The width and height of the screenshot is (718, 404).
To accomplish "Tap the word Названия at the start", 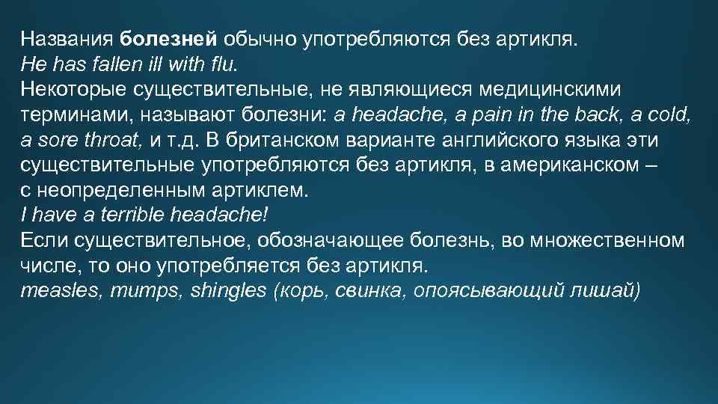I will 67,38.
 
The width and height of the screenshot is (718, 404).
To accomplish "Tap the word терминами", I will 65,114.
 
